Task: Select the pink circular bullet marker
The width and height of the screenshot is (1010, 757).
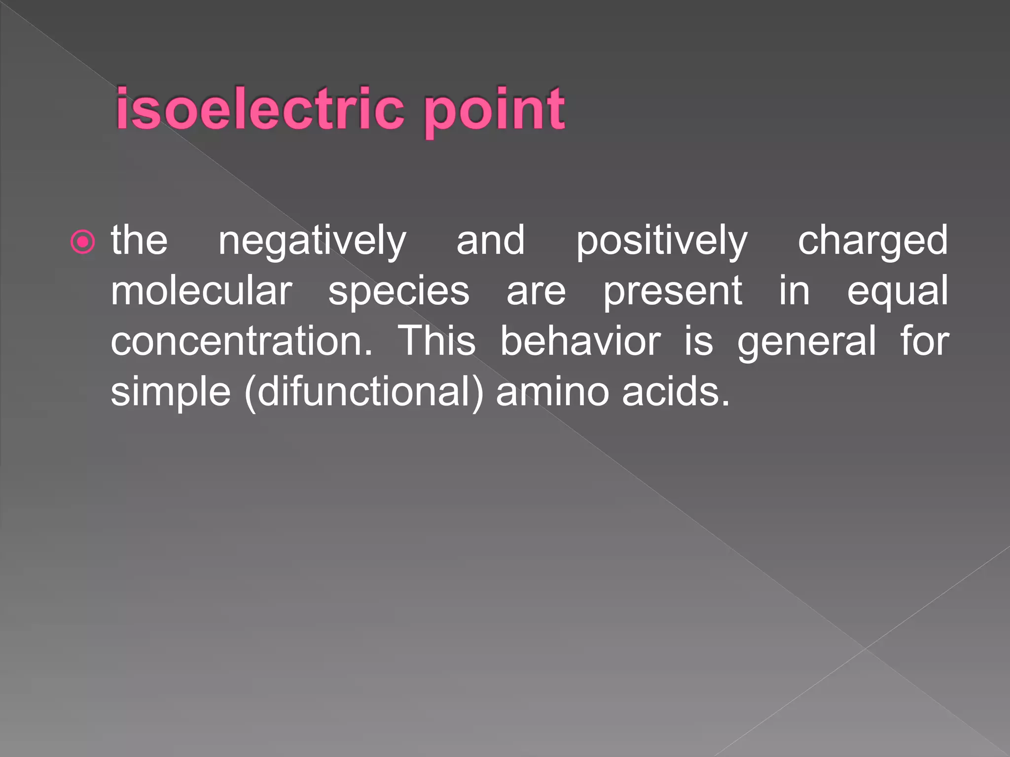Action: pyautogui.click(x=83, y=242)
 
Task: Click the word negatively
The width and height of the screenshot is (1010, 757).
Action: pyautogui.click(x=312, y=241)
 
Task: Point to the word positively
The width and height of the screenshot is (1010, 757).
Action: pyautogui.click(x=662, y=241)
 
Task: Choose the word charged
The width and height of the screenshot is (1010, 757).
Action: pyautogui.click(x=872, y=241)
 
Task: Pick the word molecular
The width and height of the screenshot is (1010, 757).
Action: pyautogui.click(x=202, y=291)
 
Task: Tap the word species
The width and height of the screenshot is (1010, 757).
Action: pyautogui.click(x=398, y=292)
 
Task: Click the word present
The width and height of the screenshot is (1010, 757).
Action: pyautogui.click(x=673, y=292)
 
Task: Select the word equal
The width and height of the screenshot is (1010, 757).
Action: pyautogui.click(x=897, y=292)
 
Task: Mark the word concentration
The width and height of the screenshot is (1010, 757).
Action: pyautogui.click(x=242, y=341)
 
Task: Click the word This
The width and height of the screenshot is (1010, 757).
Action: pyautogui.click(x=436, y=341)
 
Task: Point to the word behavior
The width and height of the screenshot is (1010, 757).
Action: pyautogui.click(x=580, y=341)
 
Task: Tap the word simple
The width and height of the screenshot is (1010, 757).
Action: pyautogui.click(x=171, y=392)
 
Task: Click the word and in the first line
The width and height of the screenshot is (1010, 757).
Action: pyautogui.click(x=491, y=241)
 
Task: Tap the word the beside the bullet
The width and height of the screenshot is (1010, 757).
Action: pyautogui.click(x=139, y=241)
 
